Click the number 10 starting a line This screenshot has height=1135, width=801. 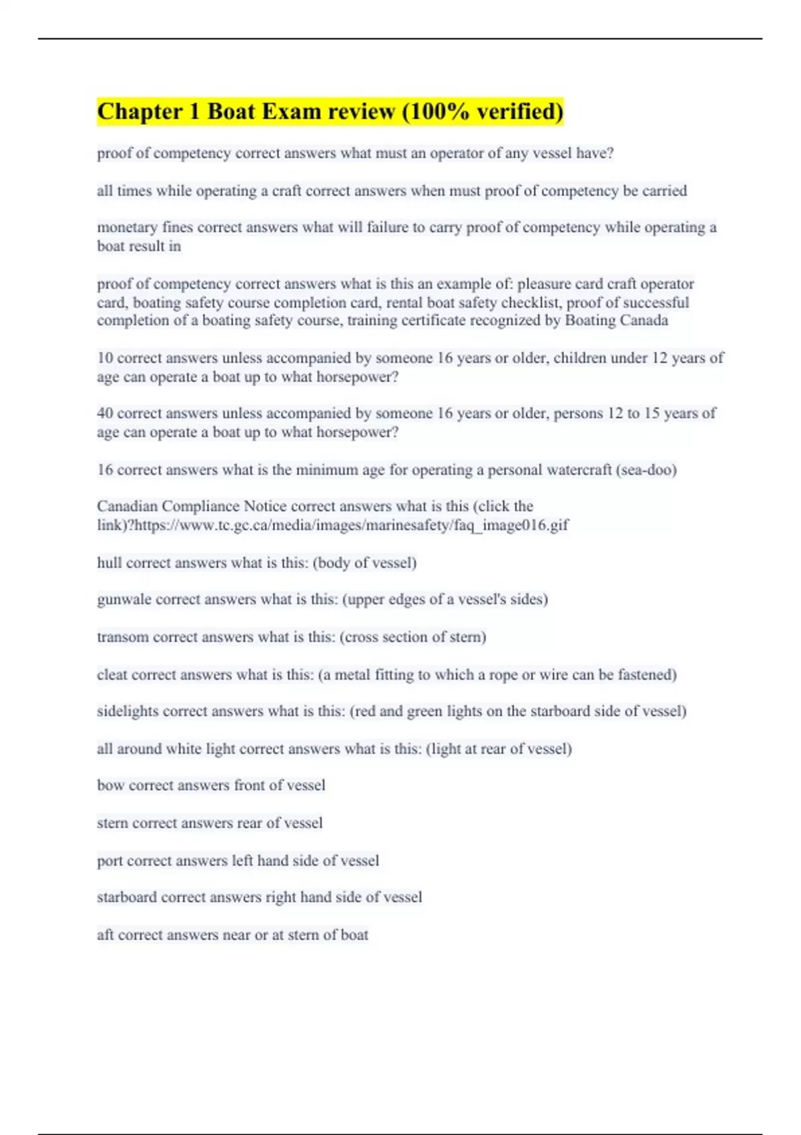click(105, 358)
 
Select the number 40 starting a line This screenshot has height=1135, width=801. click(105, 413)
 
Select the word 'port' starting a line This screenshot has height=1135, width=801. click(109, 861)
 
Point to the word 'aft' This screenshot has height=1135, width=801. click(105, 935)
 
